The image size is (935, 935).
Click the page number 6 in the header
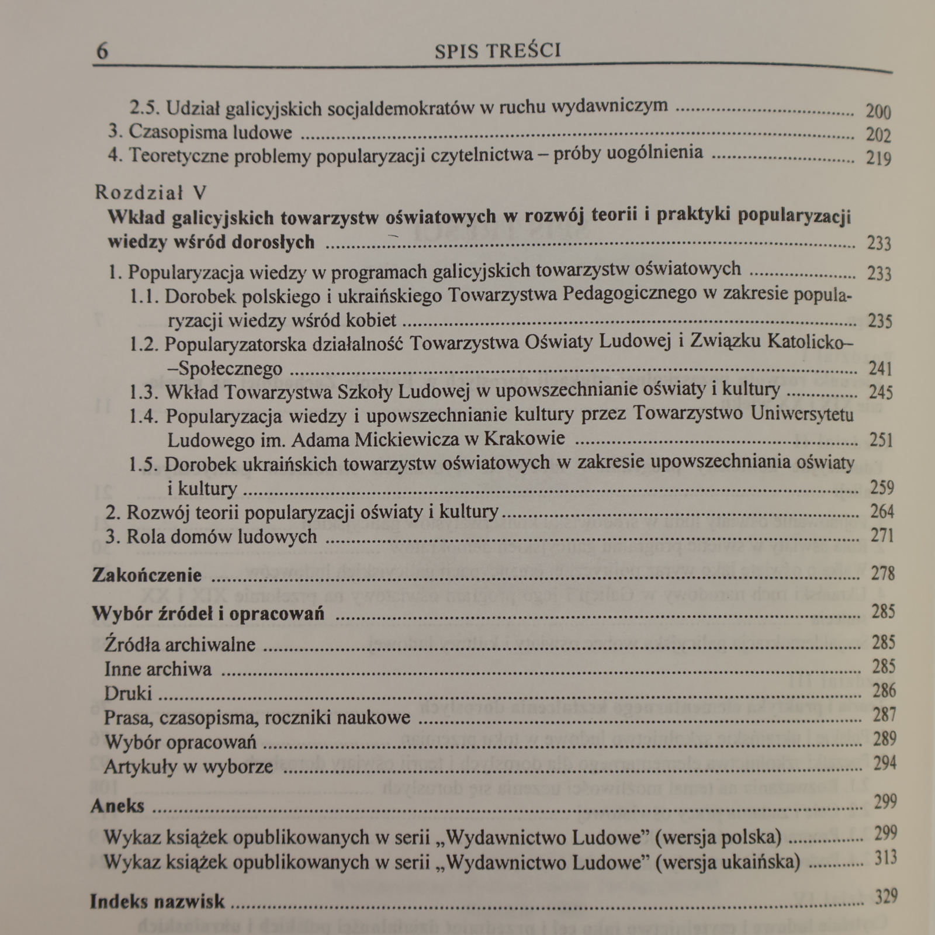click(x=102, y=51)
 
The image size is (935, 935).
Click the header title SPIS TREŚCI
click(x=498, y=51)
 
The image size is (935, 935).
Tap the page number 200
click(x=878, y=111)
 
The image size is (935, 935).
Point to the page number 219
click(x=878, y=158)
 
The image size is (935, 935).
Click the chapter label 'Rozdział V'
click(x=151, y=192)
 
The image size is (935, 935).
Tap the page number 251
click(x=881, y=439)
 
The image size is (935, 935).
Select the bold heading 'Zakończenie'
click(x=147, y=575)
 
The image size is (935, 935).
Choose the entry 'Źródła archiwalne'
click(x=179, y=644)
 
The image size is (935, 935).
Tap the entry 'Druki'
click(x=128, y=693)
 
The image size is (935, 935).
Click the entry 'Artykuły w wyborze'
click(x=188, y=766)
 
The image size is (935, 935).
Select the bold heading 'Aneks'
click(x=117, y=806)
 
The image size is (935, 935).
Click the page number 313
click(x=885, y=858)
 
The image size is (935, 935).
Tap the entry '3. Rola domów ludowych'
click(x=211, y=536)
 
